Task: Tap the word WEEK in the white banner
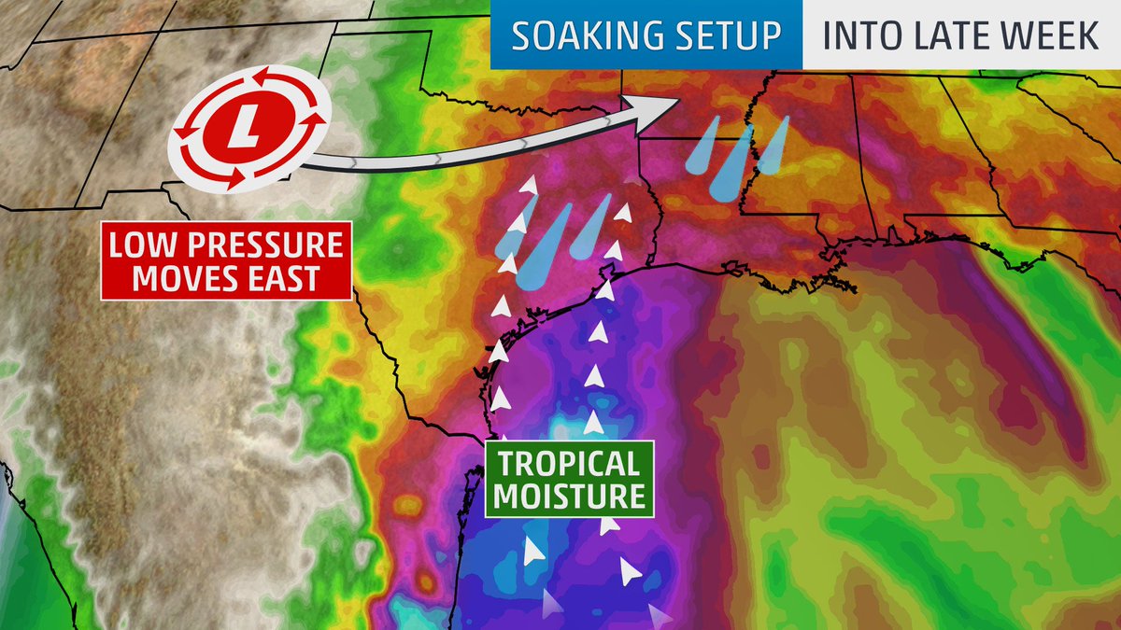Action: pos(1047,35)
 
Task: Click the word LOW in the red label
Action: pos(146,245)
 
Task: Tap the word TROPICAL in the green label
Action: pos(568,464)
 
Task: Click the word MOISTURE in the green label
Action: pos(568,495)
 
